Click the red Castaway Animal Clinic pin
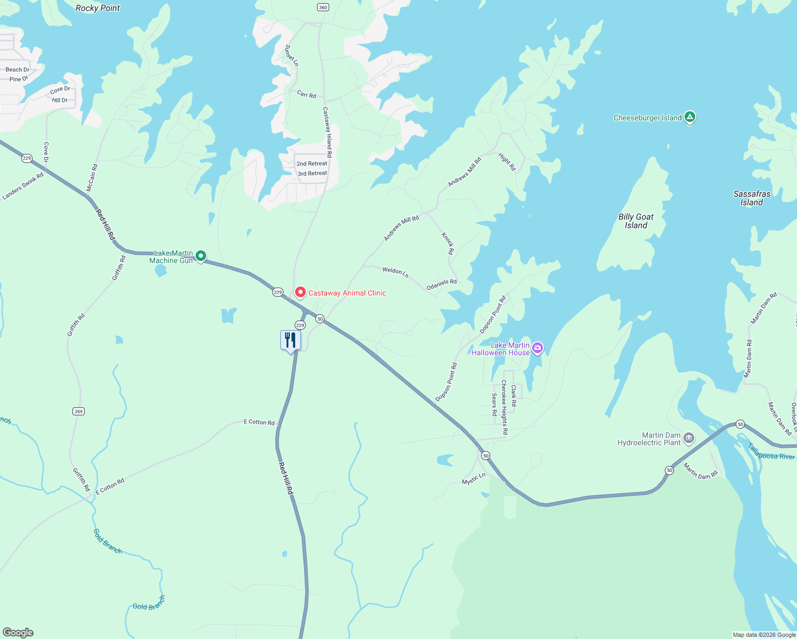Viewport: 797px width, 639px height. click(300, 292)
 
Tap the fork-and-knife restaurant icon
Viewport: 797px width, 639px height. click(290, 339)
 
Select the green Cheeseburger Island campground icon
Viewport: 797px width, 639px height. click(690, 117)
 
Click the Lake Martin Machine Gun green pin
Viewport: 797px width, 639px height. click(201, 256)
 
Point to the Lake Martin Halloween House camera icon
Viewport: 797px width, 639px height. click(538, 348)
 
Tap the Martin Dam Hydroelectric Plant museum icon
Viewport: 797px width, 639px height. click(689, 438)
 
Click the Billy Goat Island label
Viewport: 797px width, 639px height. click(636, 221)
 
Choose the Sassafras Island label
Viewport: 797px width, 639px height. click(752, 198)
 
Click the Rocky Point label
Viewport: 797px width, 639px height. click(97, 8)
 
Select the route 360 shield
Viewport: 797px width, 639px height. click(323, 7)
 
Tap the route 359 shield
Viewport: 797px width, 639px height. click(78, 411)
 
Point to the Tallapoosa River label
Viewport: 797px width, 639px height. click(771, 452)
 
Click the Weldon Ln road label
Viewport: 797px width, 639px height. click(395, 272)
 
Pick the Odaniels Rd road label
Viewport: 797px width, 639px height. click(442, 285)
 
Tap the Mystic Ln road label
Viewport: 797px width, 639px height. click(474, 479)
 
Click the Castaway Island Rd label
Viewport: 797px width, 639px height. click(328, 132)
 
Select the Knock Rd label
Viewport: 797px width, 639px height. click(448, 243)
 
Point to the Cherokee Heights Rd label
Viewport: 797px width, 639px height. click(504, 407)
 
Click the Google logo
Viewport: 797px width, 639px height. click(18, 632)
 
